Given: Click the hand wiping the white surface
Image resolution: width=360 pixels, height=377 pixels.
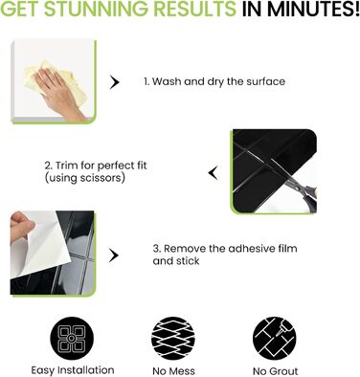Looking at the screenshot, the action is point(60,95).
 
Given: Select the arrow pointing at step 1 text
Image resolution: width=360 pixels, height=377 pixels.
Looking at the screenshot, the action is point(114,82).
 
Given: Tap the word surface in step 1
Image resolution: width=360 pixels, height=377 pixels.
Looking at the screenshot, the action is point(266,81).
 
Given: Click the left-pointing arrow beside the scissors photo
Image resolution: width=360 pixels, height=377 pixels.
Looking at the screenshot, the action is point(213,173).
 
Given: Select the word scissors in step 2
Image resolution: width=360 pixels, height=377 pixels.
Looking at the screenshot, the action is point(101,178).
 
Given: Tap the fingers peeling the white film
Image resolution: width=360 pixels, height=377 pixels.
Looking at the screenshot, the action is point(21,225).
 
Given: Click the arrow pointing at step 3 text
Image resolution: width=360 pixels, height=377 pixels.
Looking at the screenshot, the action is point(114,255).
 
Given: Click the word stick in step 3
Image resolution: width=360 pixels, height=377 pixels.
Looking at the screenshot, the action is point(188,260).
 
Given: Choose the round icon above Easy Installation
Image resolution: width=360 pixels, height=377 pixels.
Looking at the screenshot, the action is point(72,339).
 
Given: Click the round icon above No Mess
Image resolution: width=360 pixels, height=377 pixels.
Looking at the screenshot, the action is point(173,339).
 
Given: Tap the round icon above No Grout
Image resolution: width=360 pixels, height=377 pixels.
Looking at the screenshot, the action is point(275,339).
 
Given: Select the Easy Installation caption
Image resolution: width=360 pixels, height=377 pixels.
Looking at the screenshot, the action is point(73,370).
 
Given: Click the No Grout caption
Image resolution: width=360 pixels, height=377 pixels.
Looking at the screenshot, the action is point(276,371).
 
